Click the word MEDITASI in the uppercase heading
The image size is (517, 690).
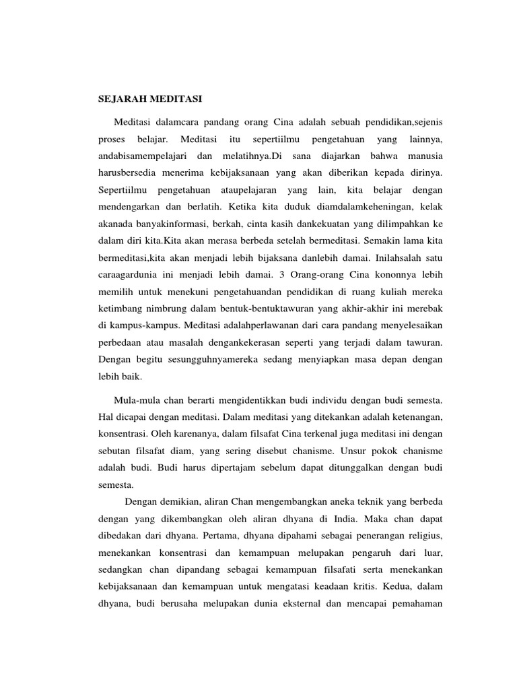coord(172,99)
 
